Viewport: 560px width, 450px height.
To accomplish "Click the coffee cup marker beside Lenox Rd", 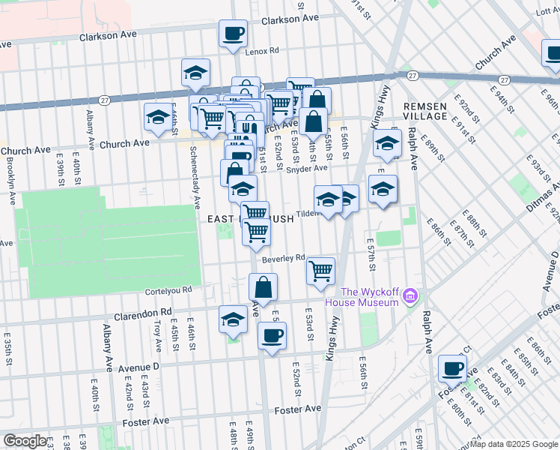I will click(232, 33).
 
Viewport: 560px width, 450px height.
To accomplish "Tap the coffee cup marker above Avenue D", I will click(272, 334).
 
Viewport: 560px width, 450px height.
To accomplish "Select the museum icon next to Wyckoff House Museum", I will click(409, 297).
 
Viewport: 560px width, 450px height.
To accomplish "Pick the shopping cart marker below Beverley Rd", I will click(321, 271).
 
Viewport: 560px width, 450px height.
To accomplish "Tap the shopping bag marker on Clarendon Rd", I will click(264, 286).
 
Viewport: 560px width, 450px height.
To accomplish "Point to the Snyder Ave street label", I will click(308, 167).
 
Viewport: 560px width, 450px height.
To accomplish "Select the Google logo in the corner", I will click(25, 441).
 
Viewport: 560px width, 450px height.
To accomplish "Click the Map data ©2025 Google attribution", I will click(513, 444).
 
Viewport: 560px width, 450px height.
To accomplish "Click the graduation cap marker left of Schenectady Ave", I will click(158, 117).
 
